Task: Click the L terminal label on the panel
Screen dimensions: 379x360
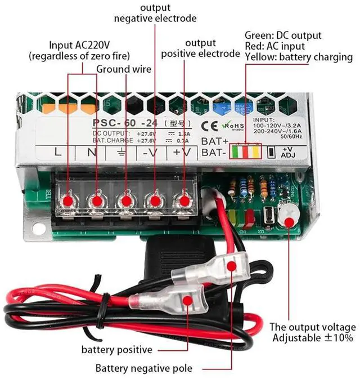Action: (57, 151)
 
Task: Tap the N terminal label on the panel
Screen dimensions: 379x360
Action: (91, 151)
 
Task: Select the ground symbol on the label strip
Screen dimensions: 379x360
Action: (120, 151)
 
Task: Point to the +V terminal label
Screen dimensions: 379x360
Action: (181, 151)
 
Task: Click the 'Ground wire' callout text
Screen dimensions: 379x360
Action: (124, 69)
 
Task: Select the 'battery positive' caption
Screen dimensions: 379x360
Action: (117, 350)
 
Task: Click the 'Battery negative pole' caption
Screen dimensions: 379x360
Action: (143, 368)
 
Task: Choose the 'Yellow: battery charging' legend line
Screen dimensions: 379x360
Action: (299, 57)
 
